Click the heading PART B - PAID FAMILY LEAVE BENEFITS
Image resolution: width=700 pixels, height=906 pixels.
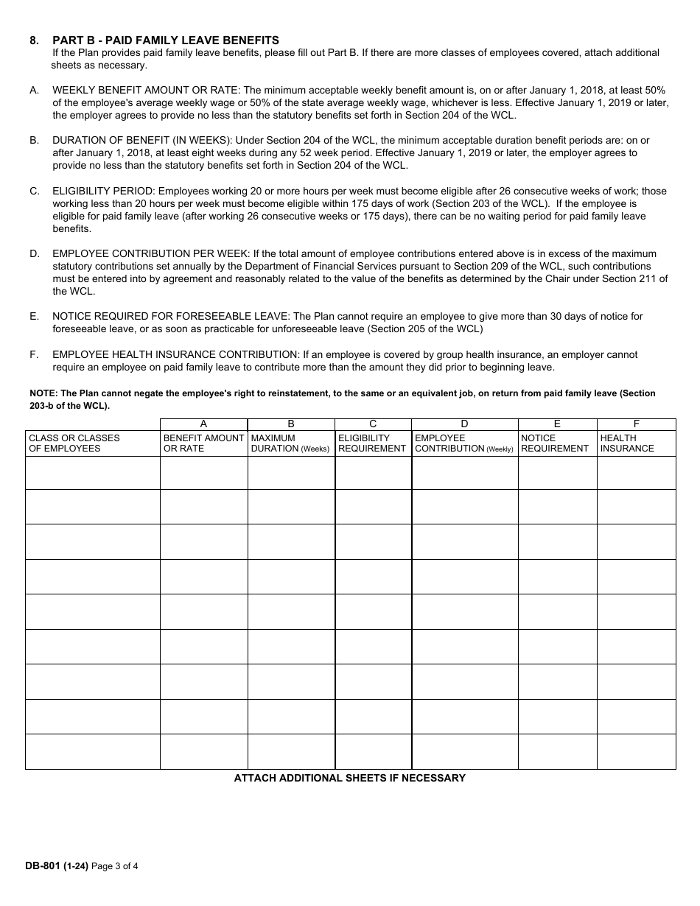[x=166, y=40]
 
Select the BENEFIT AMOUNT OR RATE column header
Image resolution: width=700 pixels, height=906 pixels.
[x=203, y=443]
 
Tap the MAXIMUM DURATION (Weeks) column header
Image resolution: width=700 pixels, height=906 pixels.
[x=290, y=443]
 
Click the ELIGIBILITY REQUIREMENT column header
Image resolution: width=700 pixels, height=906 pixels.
[x=372, y=443]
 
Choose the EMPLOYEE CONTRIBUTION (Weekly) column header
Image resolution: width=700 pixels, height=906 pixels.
[x=464, y=443]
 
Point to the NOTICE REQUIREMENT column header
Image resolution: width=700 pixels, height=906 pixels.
[x=555, y=443]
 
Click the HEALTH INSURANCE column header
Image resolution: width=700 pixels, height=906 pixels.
[x=627, y=443]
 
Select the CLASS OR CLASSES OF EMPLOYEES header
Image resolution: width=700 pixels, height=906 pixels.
[x=74, y=443]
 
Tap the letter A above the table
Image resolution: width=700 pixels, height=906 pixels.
[x=203, y=424]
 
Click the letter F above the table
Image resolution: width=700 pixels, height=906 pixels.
[x=636, y=424]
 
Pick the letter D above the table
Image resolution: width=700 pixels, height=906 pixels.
[x=464, y=424]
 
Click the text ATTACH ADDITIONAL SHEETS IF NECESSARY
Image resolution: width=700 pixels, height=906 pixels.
[x=349, y=778]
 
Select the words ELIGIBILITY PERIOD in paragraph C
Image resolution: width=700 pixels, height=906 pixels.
[x=103, y=191]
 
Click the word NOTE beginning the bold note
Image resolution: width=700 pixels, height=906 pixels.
[x=43, y=393]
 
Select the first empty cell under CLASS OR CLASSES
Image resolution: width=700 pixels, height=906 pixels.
[x=93, y=473]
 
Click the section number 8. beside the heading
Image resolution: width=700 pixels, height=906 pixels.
[x=34, y=40]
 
